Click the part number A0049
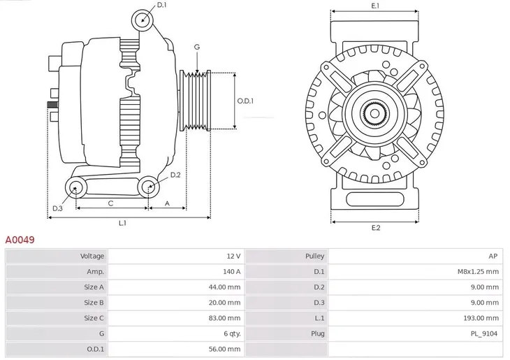click(x=20, y=240)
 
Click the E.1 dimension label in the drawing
click(x=375, y=6)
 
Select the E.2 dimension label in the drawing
click(x=375, y=229)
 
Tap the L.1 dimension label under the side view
click(x=122, y=223)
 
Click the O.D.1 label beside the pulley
click(x=245, y=101)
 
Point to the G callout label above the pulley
click(x=197, y=47)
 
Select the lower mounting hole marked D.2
click(x=147, y=187)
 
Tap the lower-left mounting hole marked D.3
click(x=75, y=187)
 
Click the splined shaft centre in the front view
click(x=375, y=113)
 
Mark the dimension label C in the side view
click(x=110, y=203)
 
